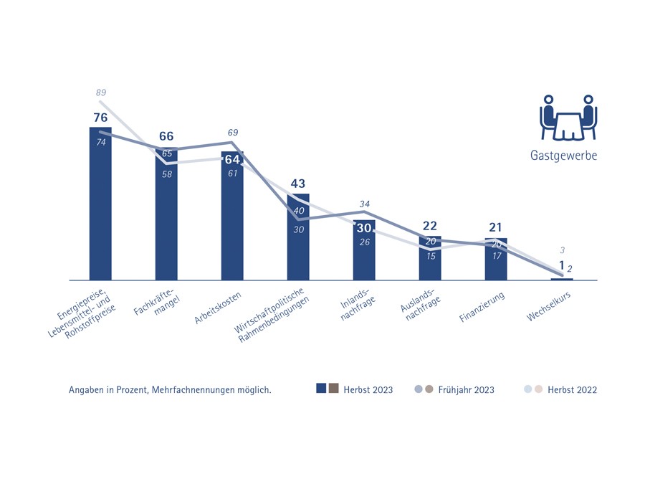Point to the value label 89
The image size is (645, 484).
pos(101,92)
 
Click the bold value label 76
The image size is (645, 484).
pos(100,117)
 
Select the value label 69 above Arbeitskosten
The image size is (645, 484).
pos(232,133)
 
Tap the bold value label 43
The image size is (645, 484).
pos(298,184)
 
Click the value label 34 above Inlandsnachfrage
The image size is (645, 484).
pos(364,204)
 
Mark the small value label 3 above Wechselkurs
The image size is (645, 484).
pos(563,250)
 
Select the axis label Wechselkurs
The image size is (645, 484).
pos(549,308)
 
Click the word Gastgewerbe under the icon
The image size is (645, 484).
pos(563,155)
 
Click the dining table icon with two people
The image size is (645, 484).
pos(568,118)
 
